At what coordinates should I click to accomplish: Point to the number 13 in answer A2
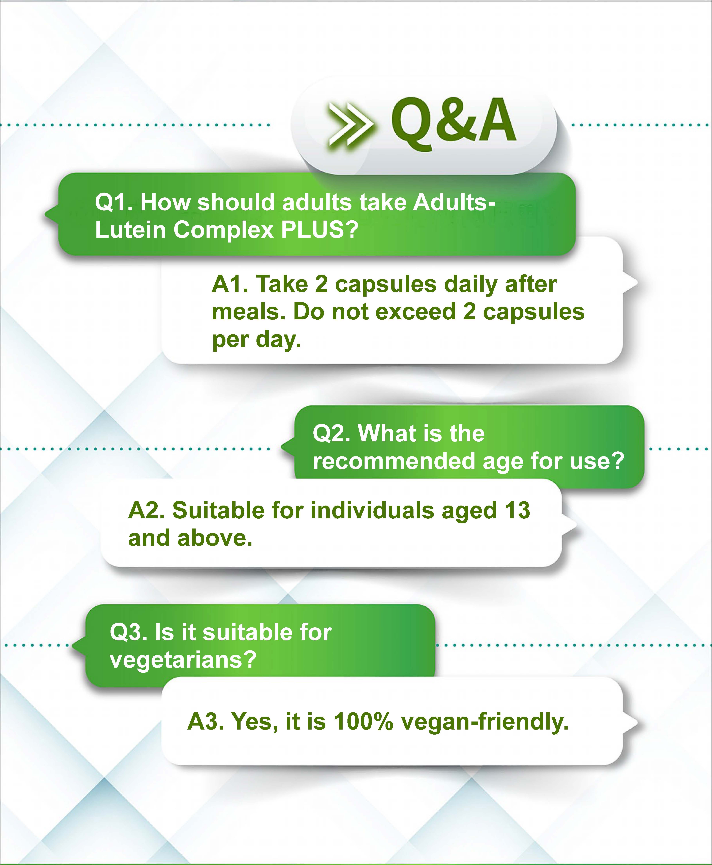(518, 511)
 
